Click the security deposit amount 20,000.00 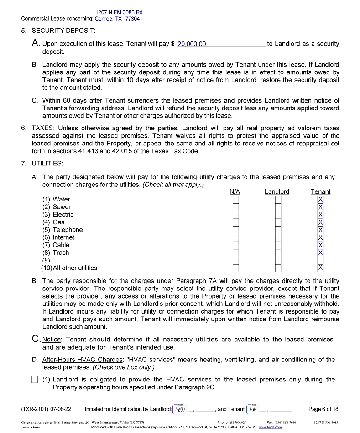click(x=192, y=44)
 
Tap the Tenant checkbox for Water click(x=320, y=200)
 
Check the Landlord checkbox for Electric click(x=278, y=215)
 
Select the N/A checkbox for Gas click(x=235, y=222)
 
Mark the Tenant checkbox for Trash click(x=320, y=253)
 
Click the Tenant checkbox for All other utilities click(x=320, y=268)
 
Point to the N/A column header click(x=235, y=192)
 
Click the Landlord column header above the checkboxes click(x=277, y=192)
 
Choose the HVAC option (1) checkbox click(x=35, y=380)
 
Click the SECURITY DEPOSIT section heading click(x=63, y=31)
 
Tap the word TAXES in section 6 click(x=43, y=128)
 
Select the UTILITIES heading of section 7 click(x=47, y=163)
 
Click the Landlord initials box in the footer click(x=181, y=409)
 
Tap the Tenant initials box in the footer click(x=252, y=409)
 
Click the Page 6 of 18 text click(x=323, y=409)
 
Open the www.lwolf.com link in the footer click(x=270, y=428)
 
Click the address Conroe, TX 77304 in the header click(x=117, y=19)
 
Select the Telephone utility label click(x=68, y=230)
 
